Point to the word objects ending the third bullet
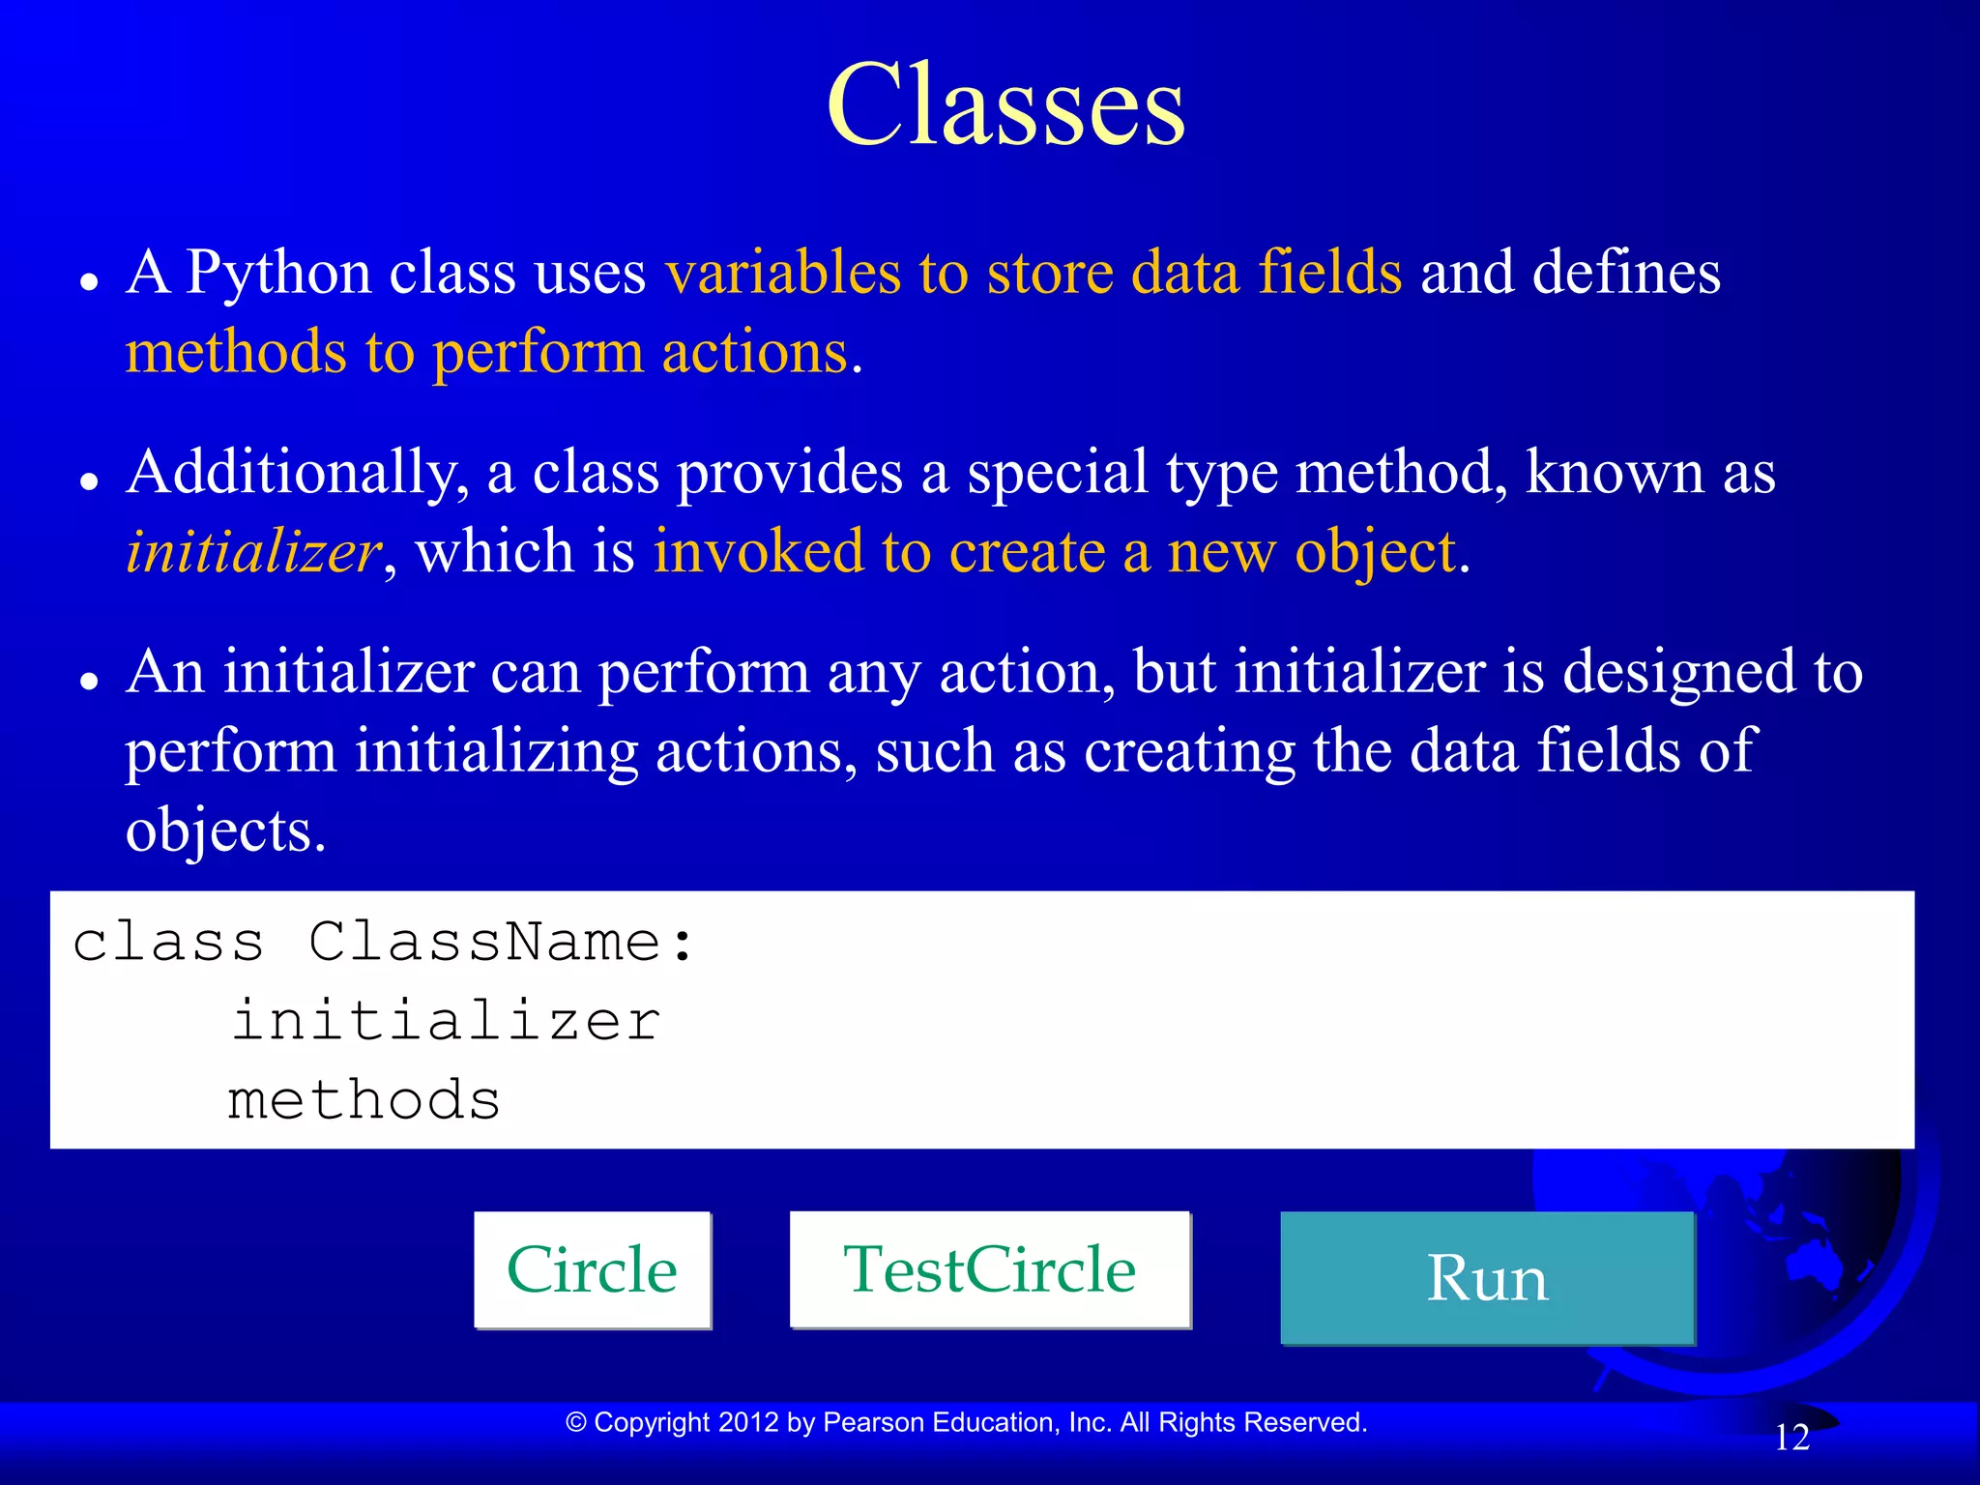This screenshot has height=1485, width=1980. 224,831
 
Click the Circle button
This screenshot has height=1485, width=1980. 592,1269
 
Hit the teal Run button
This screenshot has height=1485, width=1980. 1487,1278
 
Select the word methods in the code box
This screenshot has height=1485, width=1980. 364,1100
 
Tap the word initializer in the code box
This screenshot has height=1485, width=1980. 446,1021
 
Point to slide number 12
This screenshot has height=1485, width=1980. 1791,1438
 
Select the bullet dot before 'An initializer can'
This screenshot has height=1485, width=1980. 90,681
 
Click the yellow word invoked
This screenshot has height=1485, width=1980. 758,551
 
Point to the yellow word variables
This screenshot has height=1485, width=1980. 783,272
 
